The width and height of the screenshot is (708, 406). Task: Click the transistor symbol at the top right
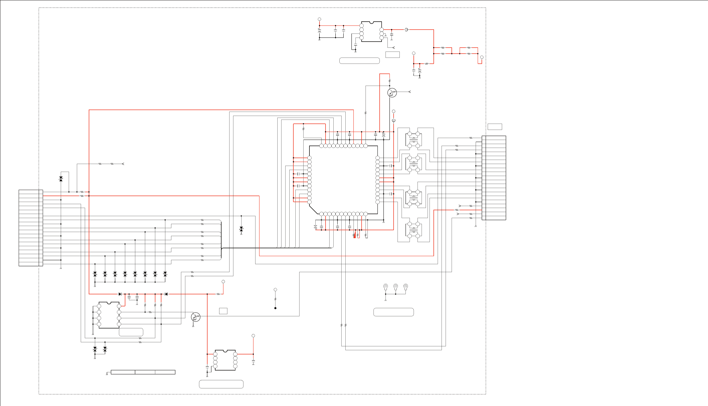tap(392, 93)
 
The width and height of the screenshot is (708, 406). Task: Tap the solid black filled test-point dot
tap(275, 308)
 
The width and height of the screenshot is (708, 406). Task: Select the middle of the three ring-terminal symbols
tap(396, 286)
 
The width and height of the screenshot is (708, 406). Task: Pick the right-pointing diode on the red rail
tap(120, 294)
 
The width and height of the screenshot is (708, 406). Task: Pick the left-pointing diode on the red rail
tap(166, 294)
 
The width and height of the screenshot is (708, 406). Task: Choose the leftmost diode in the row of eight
tap(95, 274)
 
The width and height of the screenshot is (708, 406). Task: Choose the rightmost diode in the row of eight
tap(165, 274)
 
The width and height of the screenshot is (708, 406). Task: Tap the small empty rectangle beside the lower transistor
tap(223, 311)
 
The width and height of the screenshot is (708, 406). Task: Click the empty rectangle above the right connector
tap(495, 127)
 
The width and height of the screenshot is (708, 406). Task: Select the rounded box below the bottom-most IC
tap(221, 384)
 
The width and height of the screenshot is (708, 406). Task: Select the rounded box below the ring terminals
tap(393, 312)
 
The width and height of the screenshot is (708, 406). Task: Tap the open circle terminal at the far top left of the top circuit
tap(319, 19)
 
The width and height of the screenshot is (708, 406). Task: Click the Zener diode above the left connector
tap(61, 179)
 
